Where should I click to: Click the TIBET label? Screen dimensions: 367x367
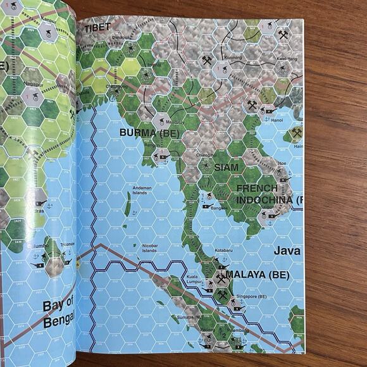click(97, 27)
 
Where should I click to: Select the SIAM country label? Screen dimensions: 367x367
click(227, 168)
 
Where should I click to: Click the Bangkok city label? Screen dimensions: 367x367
click(219, 208)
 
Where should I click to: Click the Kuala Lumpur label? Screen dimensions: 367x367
click(194, 280)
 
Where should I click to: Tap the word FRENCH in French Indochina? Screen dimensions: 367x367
click(257, 189)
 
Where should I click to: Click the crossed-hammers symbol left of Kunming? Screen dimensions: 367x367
click(207, 61)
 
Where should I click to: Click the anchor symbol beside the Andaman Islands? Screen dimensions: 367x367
click(135, 215)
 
